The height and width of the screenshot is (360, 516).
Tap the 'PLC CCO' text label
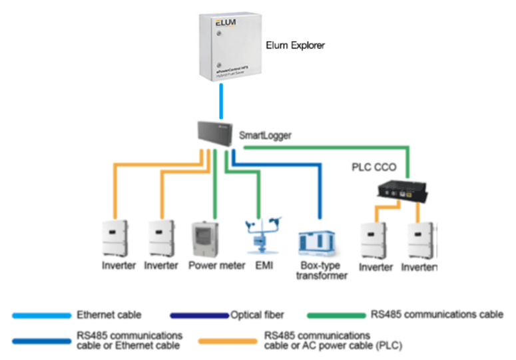[373, 167]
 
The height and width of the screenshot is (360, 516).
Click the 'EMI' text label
[261, 266]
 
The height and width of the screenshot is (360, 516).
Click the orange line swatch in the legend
[227, 341]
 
